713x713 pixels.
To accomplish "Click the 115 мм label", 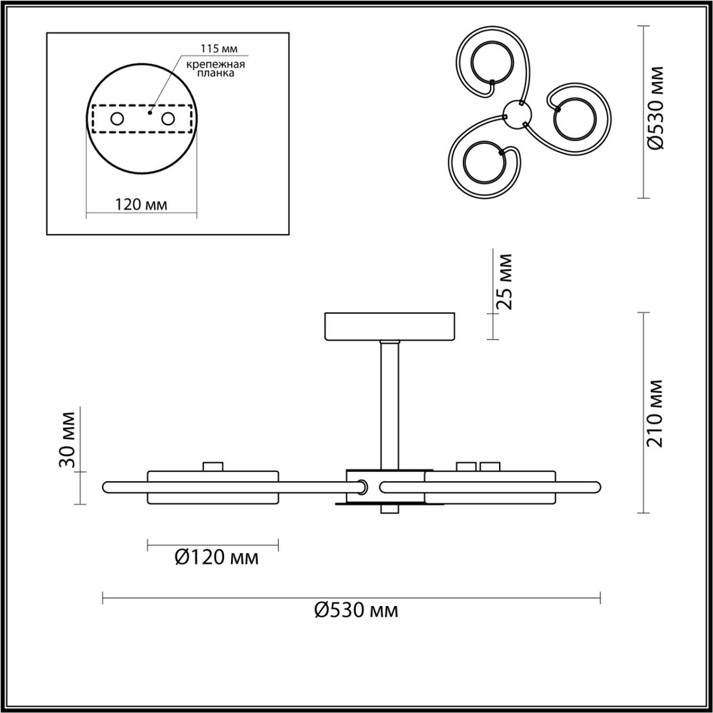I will (219, 48).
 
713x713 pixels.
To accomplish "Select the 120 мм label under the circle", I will (141, 205).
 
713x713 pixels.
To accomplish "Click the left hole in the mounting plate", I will (117, 118).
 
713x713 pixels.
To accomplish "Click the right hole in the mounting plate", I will (168, 118).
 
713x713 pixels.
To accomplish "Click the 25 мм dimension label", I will (505, 280).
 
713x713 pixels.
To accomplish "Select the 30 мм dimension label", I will (67, 440).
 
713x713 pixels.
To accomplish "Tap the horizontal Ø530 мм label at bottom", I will (356, 610).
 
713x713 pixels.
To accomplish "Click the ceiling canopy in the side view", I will (389, 326).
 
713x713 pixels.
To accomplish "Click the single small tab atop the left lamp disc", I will (212, 466).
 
